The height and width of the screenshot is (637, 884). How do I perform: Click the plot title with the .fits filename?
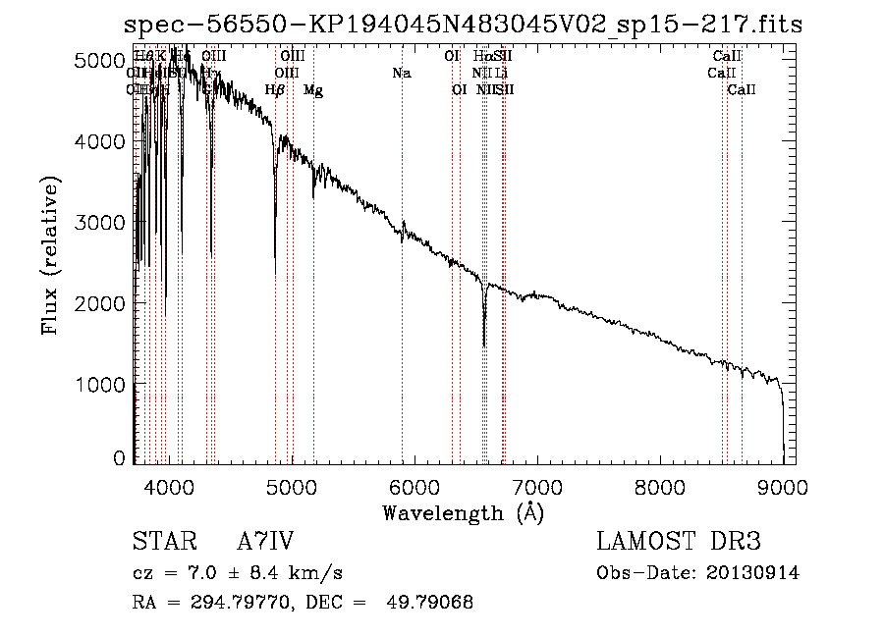tap(463, 25)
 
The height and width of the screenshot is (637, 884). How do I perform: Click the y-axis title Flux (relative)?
tap(50, 254)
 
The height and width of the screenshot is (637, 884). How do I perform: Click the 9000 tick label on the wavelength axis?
tap(783, 485)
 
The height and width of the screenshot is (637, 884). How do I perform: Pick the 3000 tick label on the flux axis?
tap(102, 223)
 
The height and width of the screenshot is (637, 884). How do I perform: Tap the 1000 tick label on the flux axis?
tap(102, 384)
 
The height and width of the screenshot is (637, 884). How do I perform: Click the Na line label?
tap(401, 74)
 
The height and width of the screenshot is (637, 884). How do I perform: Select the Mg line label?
tap(313, 90)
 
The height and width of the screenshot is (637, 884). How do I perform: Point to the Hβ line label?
tap(275, 90)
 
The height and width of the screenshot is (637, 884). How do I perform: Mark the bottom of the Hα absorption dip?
tap(484, 345)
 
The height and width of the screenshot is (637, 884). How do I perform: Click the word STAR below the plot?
tap(158, 543)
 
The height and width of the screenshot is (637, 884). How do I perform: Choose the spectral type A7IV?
tap(265, 543)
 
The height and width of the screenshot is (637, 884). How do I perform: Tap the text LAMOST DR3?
tap(679, 543)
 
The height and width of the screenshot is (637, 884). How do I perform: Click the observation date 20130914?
tap(753, 573)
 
